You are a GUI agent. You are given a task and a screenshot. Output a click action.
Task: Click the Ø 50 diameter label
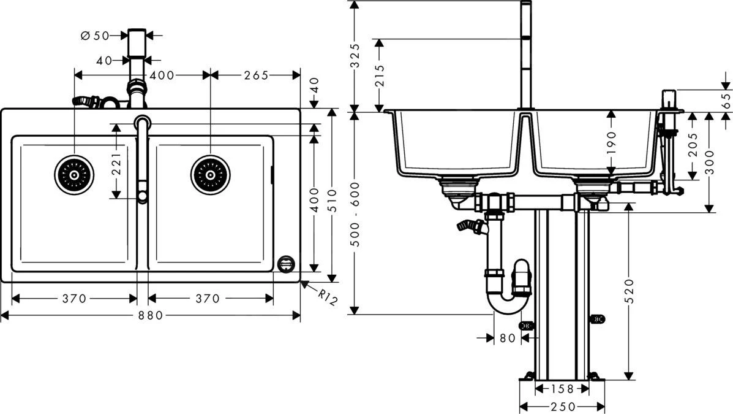(x=94, y=36)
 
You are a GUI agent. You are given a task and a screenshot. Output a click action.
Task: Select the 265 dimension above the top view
(x=256, y=75)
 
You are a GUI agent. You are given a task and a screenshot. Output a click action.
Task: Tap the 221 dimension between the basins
(x=116, y=161)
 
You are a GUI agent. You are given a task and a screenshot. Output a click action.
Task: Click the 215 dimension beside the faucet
(x=380, y=76)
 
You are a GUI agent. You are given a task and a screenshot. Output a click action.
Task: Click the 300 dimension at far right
(x=710, y=163)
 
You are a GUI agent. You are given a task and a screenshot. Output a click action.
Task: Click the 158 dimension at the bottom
(x=562, y=388)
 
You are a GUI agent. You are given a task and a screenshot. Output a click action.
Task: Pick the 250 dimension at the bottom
(x=562, y=407)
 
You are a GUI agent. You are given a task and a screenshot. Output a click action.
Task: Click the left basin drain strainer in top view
(x=74, y=174)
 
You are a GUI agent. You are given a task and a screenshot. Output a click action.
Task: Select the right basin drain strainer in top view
(x=210, y=174)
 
